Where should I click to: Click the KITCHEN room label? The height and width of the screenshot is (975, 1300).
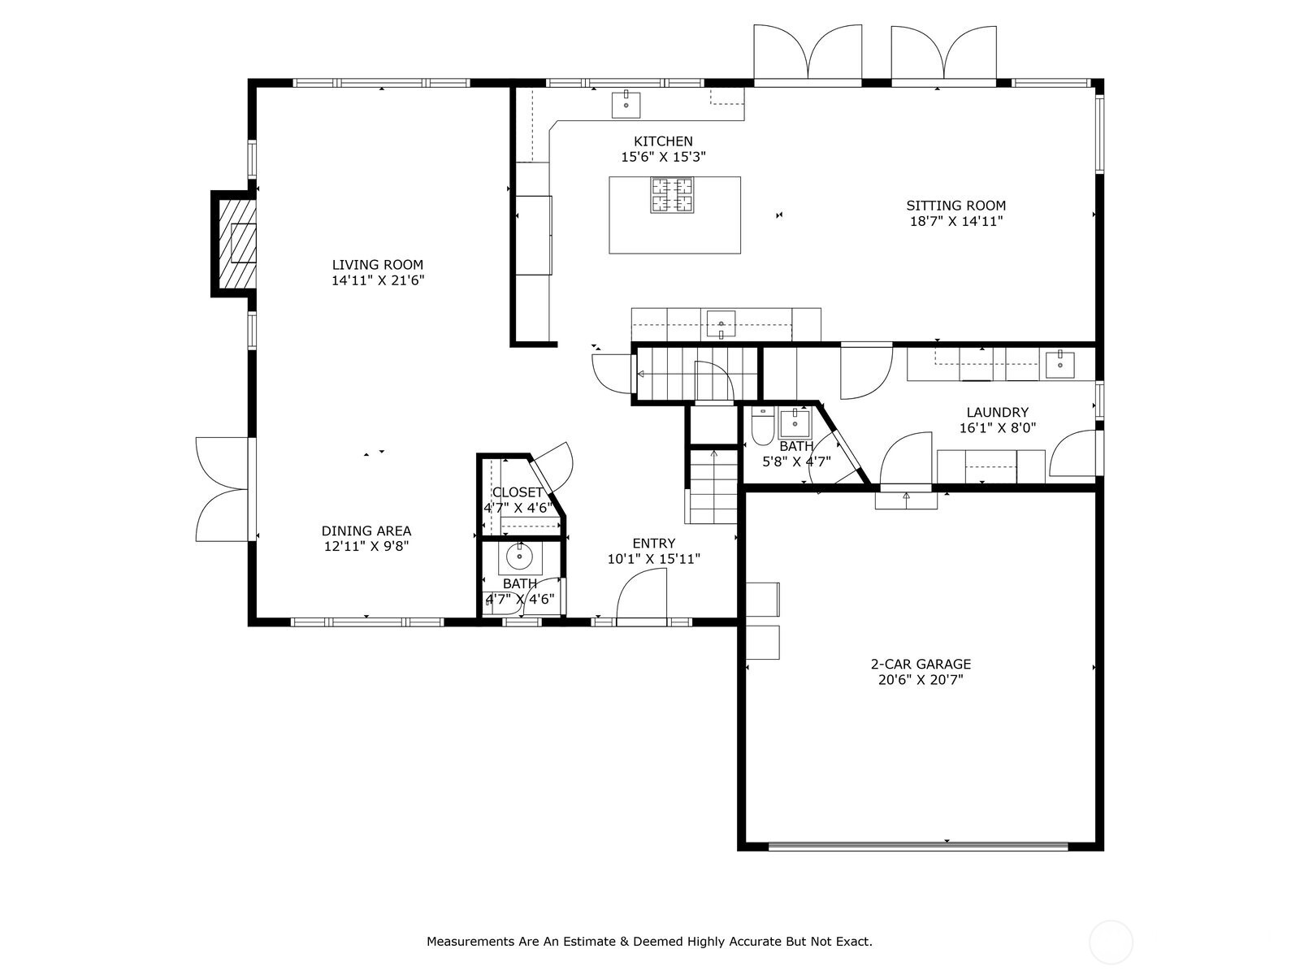(x=663, y=141)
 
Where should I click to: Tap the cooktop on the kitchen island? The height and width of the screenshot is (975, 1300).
(x=672, y=195)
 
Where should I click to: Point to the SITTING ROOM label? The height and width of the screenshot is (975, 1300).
(x=955, y=206)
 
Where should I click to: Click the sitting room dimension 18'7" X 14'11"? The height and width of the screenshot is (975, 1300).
(x=955, y=221)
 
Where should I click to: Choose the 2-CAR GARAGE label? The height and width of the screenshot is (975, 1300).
(x=921, y=664)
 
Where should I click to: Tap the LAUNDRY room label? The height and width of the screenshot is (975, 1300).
(x=998, y=412)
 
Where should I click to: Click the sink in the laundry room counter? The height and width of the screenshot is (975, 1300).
(x=1059, y=365)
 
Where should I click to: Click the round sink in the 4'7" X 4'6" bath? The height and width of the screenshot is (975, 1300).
(x=519, y=557)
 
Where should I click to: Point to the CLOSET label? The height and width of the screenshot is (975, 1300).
(x=517, y=492)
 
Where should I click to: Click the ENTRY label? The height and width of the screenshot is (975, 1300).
(x=653, y=544)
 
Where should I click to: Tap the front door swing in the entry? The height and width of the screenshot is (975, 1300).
(x=641, y=594)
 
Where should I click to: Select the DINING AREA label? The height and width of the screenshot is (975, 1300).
(x=366, y=531)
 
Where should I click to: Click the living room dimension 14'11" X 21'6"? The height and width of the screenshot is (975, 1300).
(x=378, y=280)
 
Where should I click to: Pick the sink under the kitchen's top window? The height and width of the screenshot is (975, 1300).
(x=626, y=105)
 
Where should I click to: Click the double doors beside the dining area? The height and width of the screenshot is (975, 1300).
(x=223, y=489)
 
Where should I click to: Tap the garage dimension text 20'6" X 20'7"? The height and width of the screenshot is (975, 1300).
(x=921, y=680)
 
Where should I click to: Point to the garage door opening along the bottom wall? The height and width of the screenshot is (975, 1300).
(x=918, y=847)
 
